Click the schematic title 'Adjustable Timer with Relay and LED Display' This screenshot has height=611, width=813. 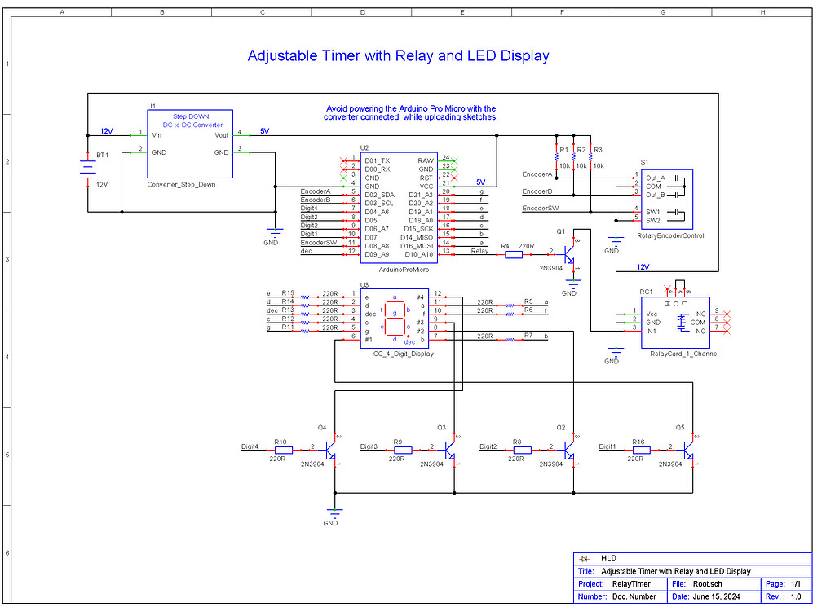(x=398, y=56)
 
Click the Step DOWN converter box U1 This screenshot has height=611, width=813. (x=190, y=143)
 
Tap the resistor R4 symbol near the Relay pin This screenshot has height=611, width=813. (x=514, y=254)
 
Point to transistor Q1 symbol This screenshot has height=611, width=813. (x=570, y=254)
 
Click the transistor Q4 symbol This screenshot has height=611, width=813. (x=332, y=449)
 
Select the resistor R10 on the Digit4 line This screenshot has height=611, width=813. (x=283, y=449)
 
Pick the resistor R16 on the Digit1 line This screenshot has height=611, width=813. (x=642, y=449)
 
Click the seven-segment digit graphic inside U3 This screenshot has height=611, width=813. (x=395, y=317)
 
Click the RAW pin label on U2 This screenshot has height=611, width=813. (x=426, y=160)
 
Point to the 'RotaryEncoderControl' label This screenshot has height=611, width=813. (x=672, y=236)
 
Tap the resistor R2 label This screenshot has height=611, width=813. (x=581, y=150)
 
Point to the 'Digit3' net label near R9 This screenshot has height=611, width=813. (x=369, y=446)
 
